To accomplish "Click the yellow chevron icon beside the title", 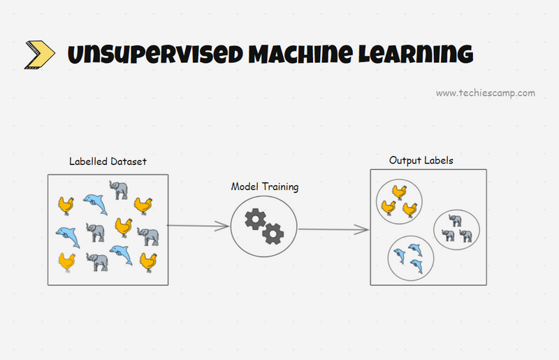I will pos(40,54).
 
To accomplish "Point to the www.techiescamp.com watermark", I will pos(486,93).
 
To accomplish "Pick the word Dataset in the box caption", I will pos(129,161).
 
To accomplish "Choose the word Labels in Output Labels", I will pos(438,161).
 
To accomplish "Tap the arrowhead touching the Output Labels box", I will pos(364,229).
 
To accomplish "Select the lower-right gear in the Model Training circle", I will pos(273,233).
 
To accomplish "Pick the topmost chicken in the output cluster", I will pos(399,192).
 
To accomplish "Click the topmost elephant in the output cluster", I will pos(455,220).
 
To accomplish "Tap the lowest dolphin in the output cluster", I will pos(417,266).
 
